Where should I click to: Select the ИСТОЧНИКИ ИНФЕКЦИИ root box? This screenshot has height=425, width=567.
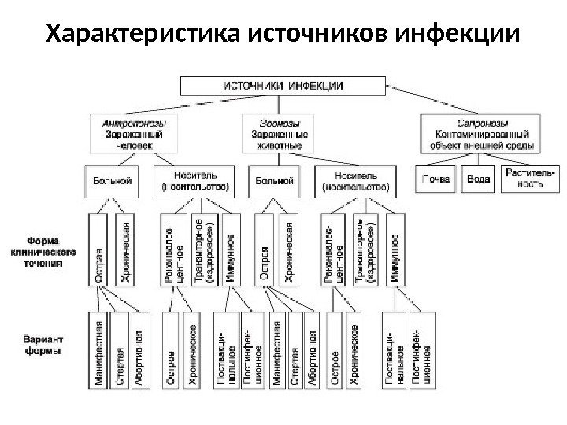(283, 85)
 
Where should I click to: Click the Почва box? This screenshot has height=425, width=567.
(435, 179)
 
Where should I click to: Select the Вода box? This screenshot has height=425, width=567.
(477, 179)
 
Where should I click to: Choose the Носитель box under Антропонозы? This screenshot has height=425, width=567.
(195, 181)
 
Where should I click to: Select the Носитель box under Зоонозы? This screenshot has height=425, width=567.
(354, 181)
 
